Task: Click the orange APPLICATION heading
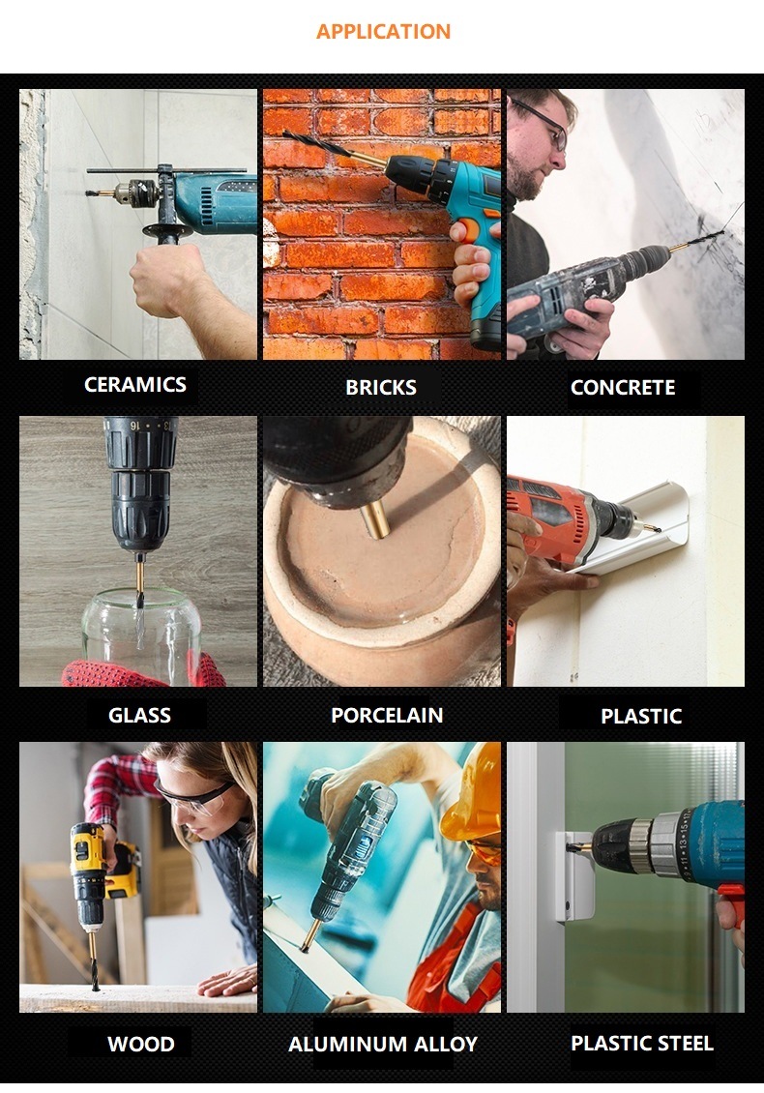pos(383,31)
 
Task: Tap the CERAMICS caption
pos(135,385)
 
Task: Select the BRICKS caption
pos(381,388)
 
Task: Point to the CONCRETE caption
pos(623,388)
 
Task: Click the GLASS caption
pos(139,715)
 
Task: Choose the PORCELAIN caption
pos(387,715)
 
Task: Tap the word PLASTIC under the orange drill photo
pos(641,717)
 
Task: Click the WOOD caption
pos(141,1045)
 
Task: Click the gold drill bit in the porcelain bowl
pos(376,520)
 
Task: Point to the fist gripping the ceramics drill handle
pos(166,279)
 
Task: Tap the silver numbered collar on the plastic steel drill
pos(670,844)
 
